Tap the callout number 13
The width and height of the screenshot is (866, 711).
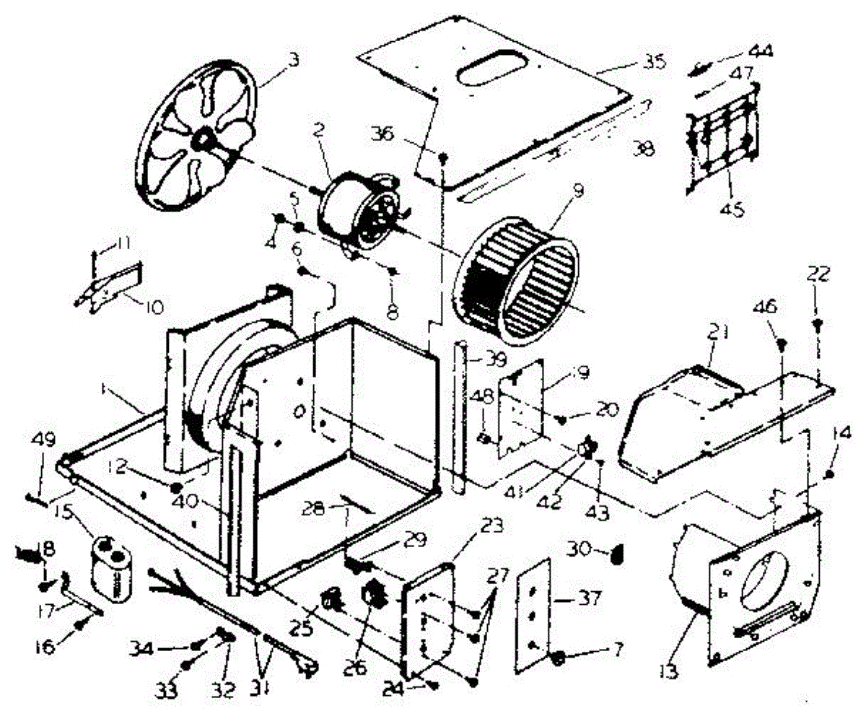(x=668, y=673)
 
